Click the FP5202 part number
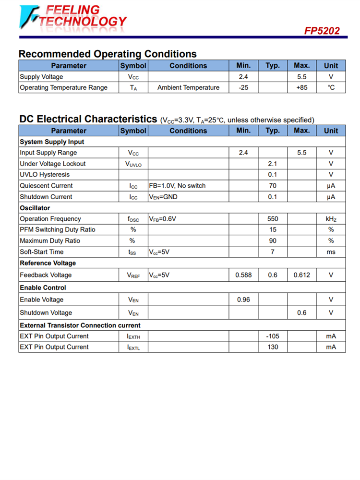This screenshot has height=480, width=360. [x=322, y=31]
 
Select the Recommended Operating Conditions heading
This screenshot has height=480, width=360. [x=108, y=54]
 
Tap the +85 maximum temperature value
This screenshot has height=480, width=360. [x=301, y=87]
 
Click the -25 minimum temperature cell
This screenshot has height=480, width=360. [x=243, y=87]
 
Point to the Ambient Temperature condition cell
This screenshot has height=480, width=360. [x=188, y=87]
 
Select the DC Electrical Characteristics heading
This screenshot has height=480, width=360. [x=88, y=119]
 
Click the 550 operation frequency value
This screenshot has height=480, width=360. [x=273, y=219]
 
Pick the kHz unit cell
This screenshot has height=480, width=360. [x=331, y=219]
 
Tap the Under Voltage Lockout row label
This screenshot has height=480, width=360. [x=53, y=164]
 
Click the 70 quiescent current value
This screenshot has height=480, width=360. [x=273, y=186]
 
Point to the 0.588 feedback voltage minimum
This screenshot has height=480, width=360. [x=243, y=275]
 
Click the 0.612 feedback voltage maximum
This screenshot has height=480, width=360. [x=301, y=275]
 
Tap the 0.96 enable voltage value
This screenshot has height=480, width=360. [x=243, y=300]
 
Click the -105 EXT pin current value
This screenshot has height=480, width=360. [x=273, y=336]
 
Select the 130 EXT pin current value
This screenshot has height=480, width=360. [x=273, y=347]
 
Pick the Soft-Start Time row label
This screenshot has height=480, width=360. [x=42, y=252]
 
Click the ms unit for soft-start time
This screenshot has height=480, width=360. [x=331, y=252]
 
